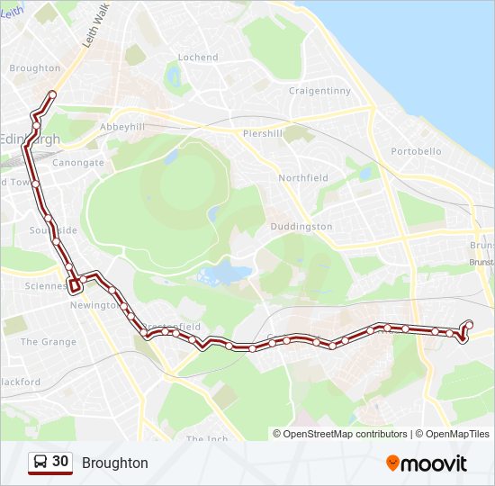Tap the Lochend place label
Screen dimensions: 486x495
click(x=198, y=58)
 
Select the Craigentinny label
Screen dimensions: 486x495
click(x=319, y=91)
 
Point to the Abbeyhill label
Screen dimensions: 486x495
click(x=122, y=127)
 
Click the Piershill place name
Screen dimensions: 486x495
click(x=263, y=133)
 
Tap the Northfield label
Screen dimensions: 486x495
click(x=303, y=178)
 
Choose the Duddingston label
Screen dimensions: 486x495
click(x=301, y=227)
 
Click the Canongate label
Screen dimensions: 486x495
click(x=78, y=163)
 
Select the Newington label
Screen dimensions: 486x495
click(x=94, y=305)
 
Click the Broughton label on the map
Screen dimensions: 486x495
click(x=34, y=68)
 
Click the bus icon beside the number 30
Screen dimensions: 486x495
click(x=40, y=463)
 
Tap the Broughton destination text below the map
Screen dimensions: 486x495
click(x=114, y=463)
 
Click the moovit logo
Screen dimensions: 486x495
click(x=427, y=463)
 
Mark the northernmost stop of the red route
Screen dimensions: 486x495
click(x=52, y=94)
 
